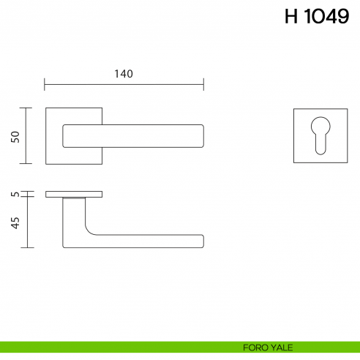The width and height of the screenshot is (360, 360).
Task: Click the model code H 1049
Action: pos(316,17)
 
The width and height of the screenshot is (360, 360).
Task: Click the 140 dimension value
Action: pos(124,73)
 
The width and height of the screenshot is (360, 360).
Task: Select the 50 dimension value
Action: pos(14,136)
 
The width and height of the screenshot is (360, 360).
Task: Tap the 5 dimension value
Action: pos(14,195)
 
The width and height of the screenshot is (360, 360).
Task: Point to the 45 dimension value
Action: pos(14,222)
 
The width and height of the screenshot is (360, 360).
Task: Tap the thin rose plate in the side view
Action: pos(74,195)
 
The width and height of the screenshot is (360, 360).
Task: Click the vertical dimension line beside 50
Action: pos(28,136)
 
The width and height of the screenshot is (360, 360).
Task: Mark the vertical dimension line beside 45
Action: pos(28,222)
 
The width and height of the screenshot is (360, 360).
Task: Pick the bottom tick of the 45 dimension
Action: pos(28,247)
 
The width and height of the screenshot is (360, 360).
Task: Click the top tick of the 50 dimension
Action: pos(28,108)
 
